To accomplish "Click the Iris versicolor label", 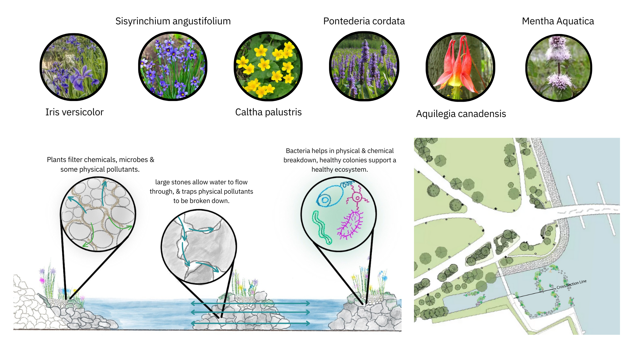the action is click(x=74, y=112).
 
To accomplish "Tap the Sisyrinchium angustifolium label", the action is click(x=173, y=21).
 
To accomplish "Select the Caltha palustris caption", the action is click(x=268, y=112).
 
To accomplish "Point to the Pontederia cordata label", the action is click(x=364, y=21).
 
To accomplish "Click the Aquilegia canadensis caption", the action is click(x=461, y=114).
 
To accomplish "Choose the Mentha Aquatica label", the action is click(x=558, y=21).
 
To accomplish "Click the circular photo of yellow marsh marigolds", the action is click(x=268, y=66).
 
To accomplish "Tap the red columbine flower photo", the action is click(x=460, y=67).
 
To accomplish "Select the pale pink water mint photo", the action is click(x=559, y=68).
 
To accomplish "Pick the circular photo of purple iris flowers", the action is click(x=74, y=67).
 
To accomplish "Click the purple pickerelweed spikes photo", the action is click(x=364, y=66).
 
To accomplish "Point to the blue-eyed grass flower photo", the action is click(x=173, y=66).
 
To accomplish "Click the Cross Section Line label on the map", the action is click(x=571, y=284).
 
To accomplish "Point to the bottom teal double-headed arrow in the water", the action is click(x=251, y=323).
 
